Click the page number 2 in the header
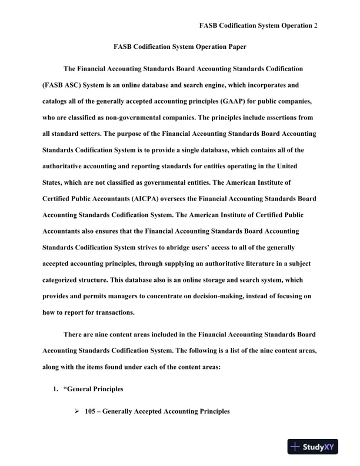click(x=316, y=26)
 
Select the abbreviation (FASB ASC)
click(x=64, y=85)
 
